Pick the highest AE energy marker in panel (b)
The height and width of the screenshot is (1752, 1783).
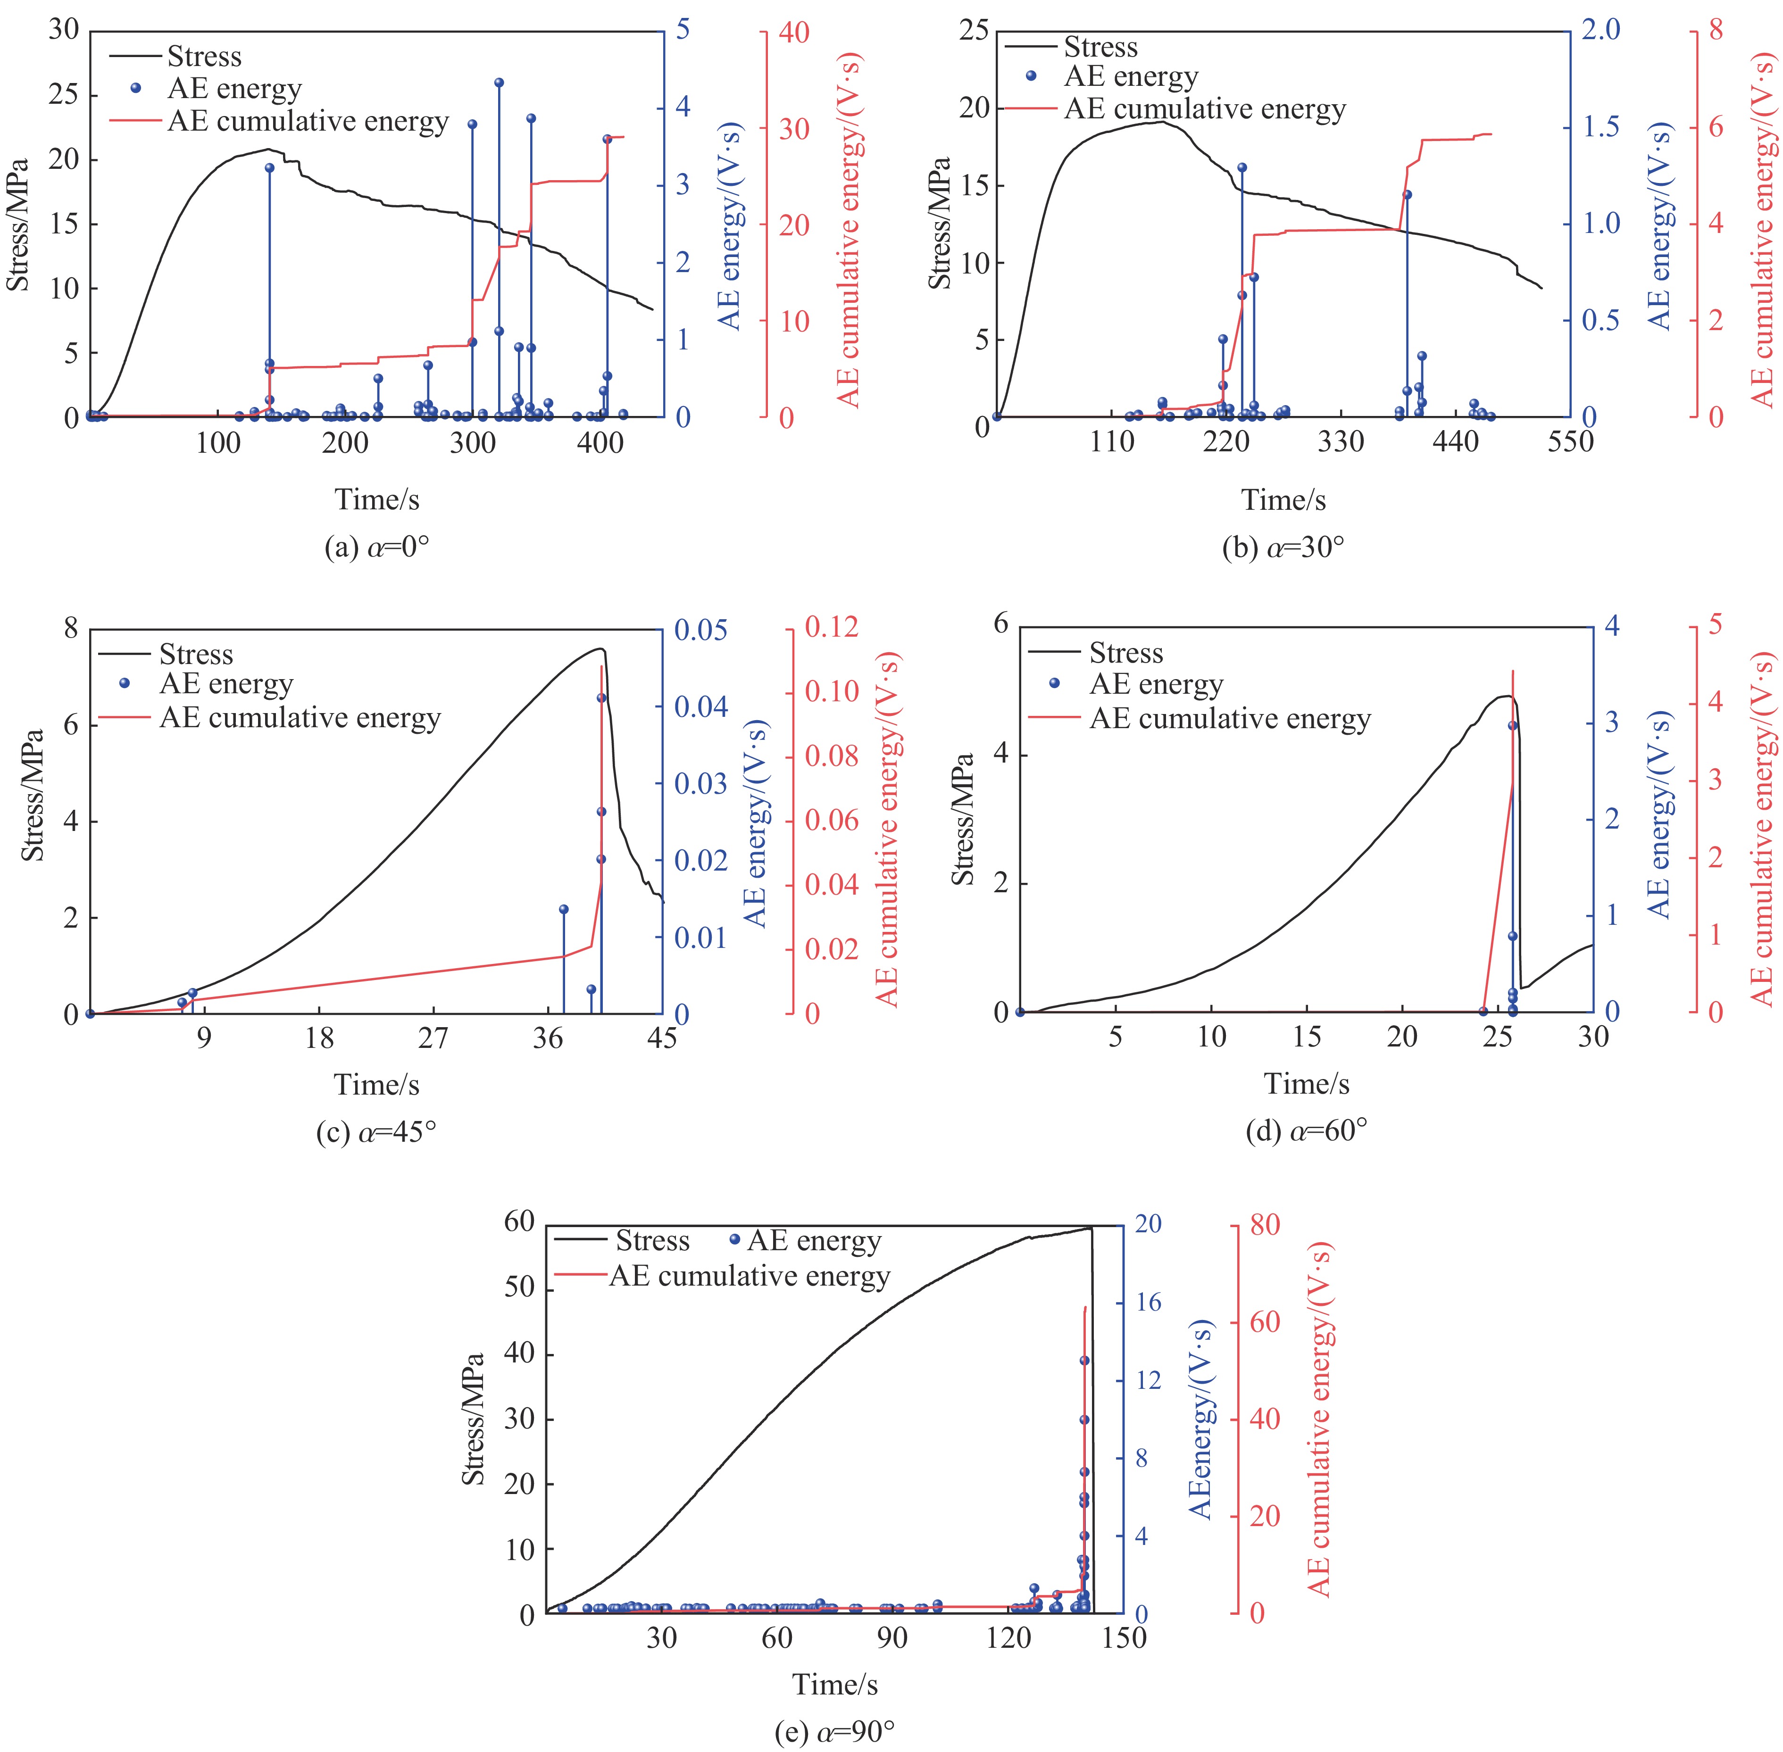(1242, 167)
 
